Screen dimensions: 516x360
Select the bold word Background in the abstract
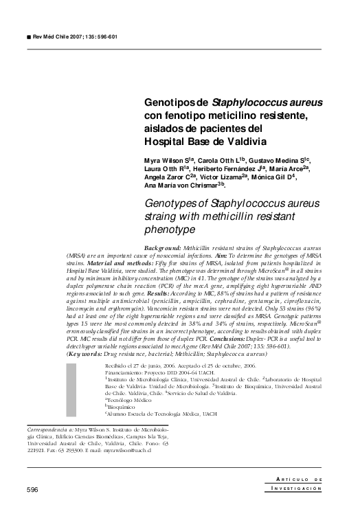163,247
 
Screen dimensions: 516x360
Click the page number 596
32,489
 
